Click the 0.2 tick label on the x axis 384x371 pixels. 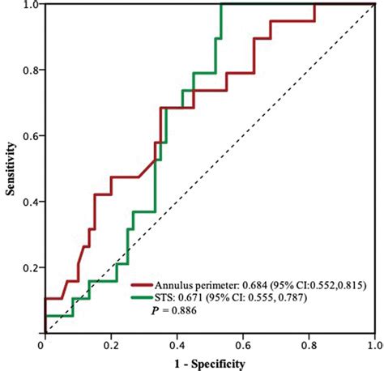point(109,344)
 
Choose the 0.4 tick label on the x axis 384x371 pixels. point(175,344)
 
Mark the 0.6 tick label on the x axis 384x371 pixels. point(241,344)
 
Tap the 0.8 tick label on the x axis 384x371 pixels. point(307,344)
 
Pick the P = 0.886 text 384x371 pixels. point(188,312)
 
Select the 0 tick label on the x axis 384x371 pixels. point(41,344)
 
